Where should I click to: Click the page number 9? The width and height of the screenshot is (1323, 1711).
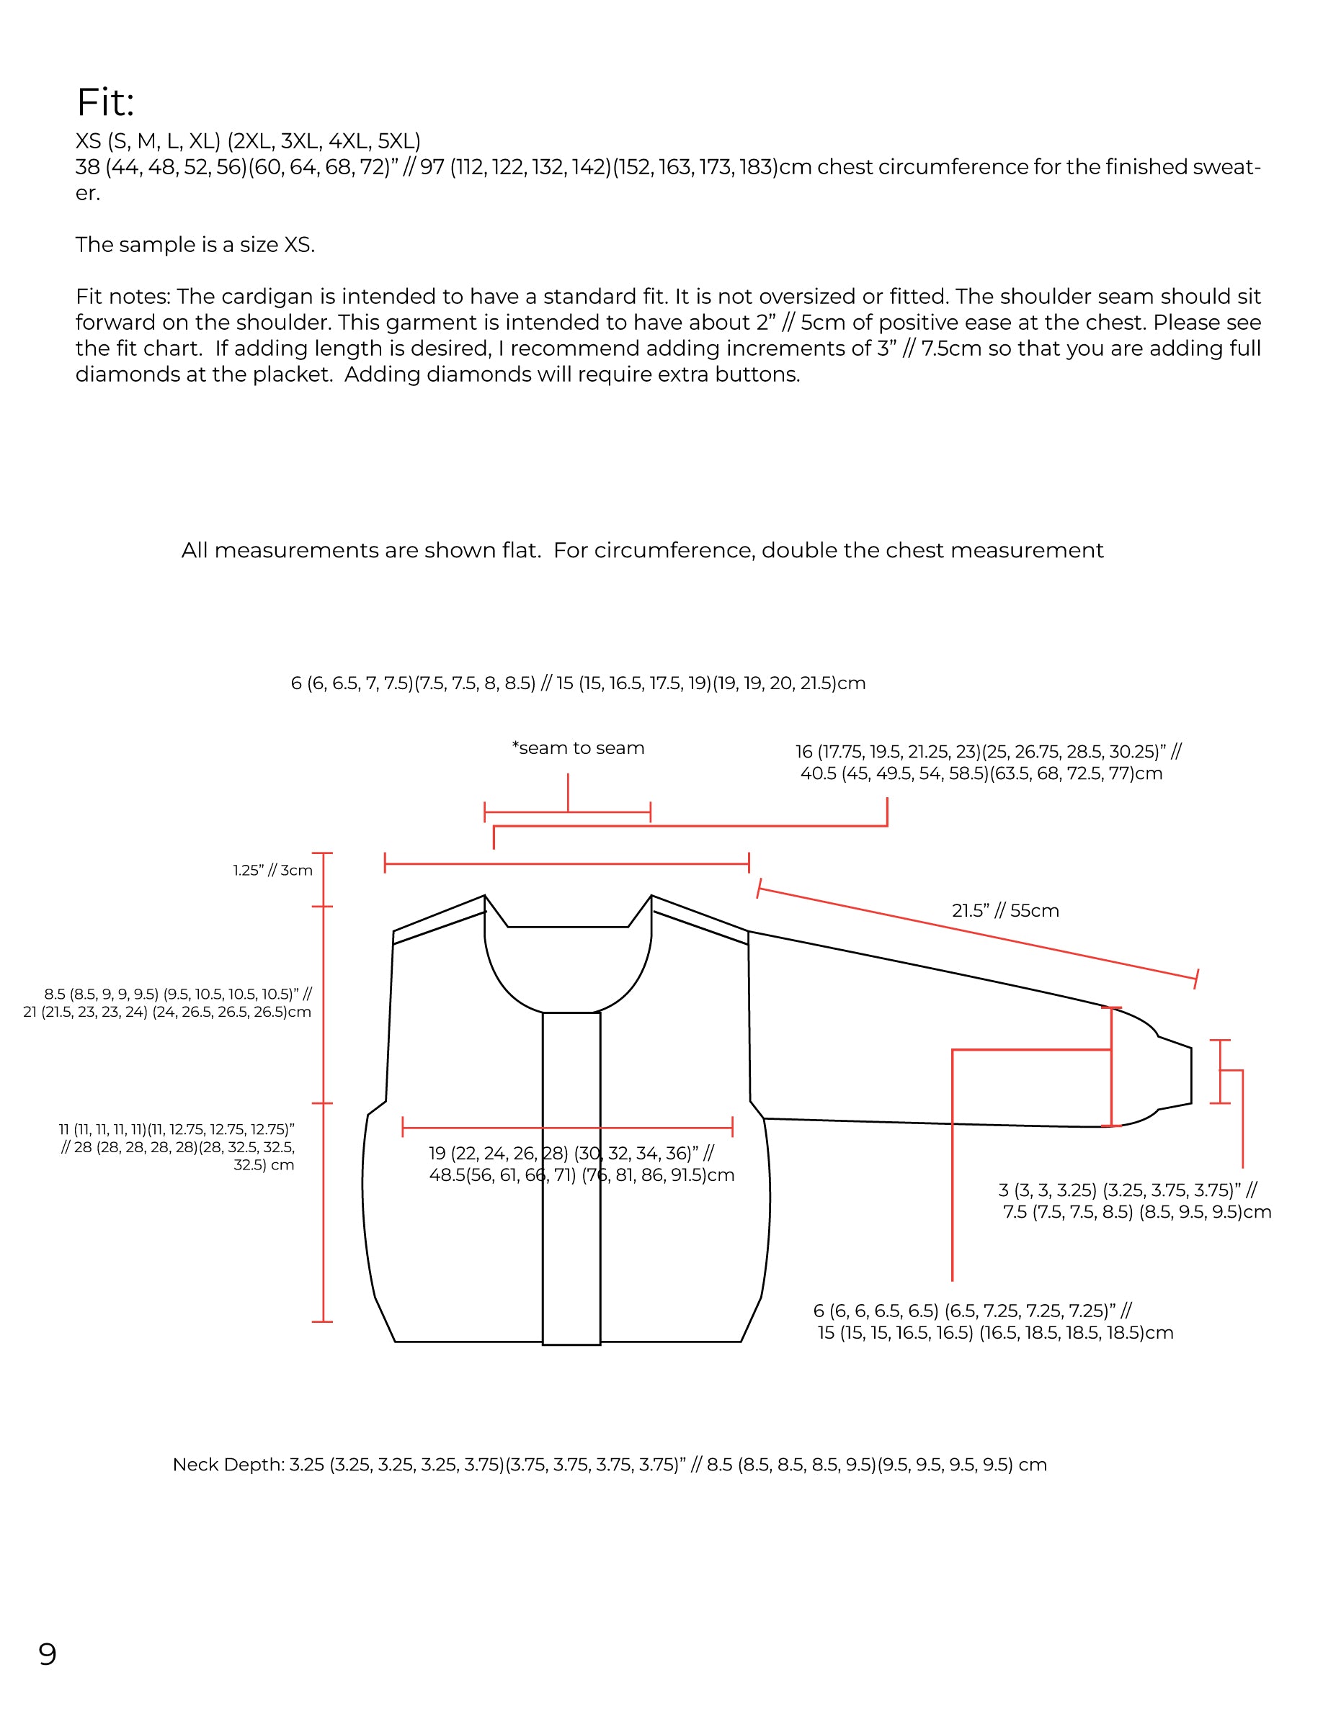coord(47,1654)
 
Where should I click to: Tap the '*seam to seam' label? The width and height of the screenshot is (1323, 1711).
coord(578,748)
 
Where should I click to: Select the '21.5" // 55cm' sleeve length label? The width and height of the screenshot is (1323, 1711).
coord(1004,910)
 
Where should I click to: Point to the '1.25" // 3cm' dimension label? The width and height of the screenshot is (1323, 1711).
coord(272,871)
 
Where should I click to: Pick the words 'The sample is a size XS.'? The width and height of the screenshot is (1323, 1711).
coord(195,246)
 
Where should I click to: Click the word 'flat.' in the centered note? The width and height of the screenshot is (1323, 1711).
coord(517,551)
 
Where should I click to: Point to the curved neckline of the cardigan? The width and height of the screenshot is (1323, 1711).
coord(569,995)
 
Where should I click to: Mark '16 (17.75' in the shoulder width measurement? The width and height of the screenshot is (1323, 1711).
coord(834,752)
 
